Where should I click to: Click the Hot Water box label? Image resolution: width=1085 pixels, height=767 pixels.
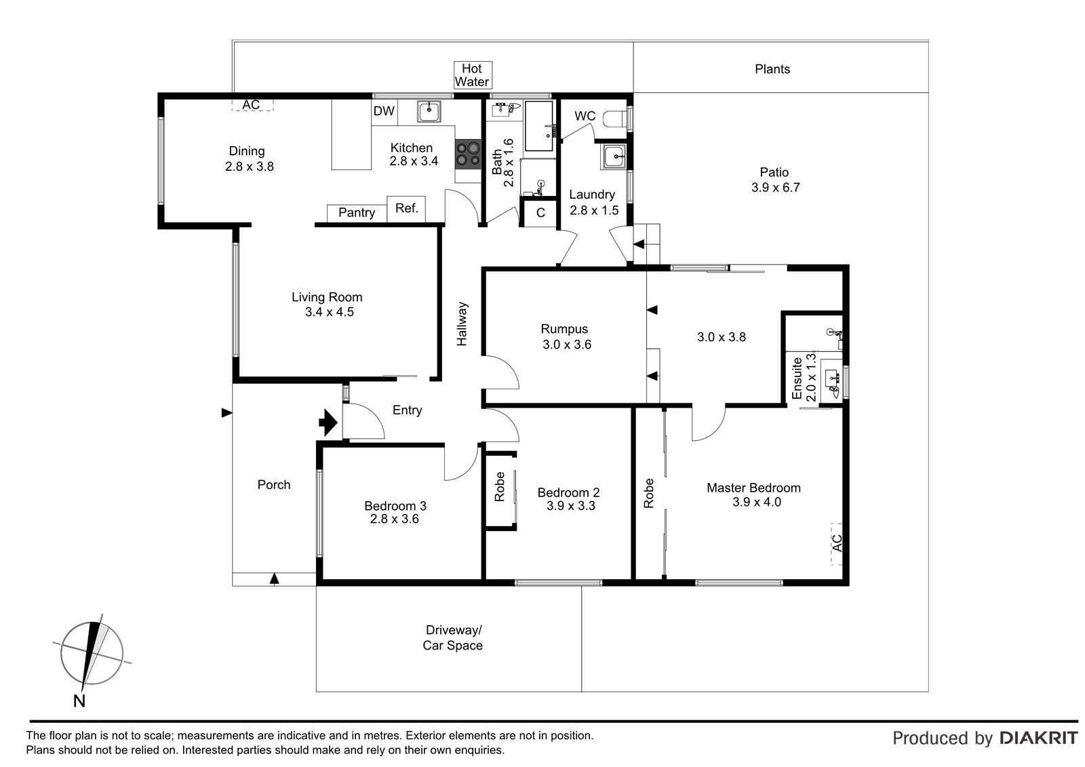click(x=472, y=75)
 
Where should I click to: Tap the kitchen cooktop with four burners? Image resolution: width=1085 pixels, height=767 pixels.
click(x=467, y=154)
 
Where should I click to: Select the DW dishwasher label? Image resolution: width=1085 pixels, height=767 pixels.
click(x=384, y=111)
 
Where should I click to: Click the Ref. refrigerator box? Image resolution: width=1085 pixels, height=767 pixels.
click(x=406, y=209)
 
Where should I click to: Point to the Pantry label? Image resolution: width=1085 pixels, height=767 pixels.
click(x=357, y=213)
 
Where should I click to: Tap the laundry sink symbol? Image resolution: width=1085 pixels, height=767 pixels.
click(x=613, y=157)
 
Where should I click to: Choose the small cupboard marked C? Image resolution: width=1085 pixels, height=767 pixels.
click(x=540, y=213)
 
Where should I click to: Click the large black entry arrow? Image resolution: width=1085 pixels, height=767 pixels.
click(x=328, y=422)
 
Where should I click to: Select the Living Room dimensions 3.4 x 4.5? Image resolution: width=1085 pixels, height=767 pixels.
click(x=330, y=312)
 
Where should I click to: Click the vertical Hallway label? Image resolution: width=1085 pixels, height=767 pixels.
click(x=462, y=323)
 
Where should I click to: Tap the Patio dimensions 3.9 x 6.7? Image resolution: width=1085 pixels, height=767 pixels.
click(x=776, y=187)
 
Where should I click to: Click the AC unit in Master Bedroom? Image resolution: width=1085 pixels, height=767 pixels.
click(x=837, y=544)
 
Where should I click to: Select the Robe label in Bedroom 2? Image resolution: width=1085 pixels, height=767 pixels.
click(x=499, y=486)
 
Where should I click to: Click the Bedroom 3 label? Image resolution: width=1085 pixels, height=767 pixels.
click(x=395, y=506)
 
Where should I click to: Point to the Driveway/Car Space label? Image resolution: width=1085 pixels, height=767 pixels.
click(x=453, y=637)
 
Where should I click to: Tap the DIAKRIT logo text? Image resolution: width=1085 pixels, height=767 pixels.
click(x=1039, y=739)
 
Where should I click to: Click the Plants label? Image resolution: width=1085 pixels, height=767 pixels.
click(x=772, y=69)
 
